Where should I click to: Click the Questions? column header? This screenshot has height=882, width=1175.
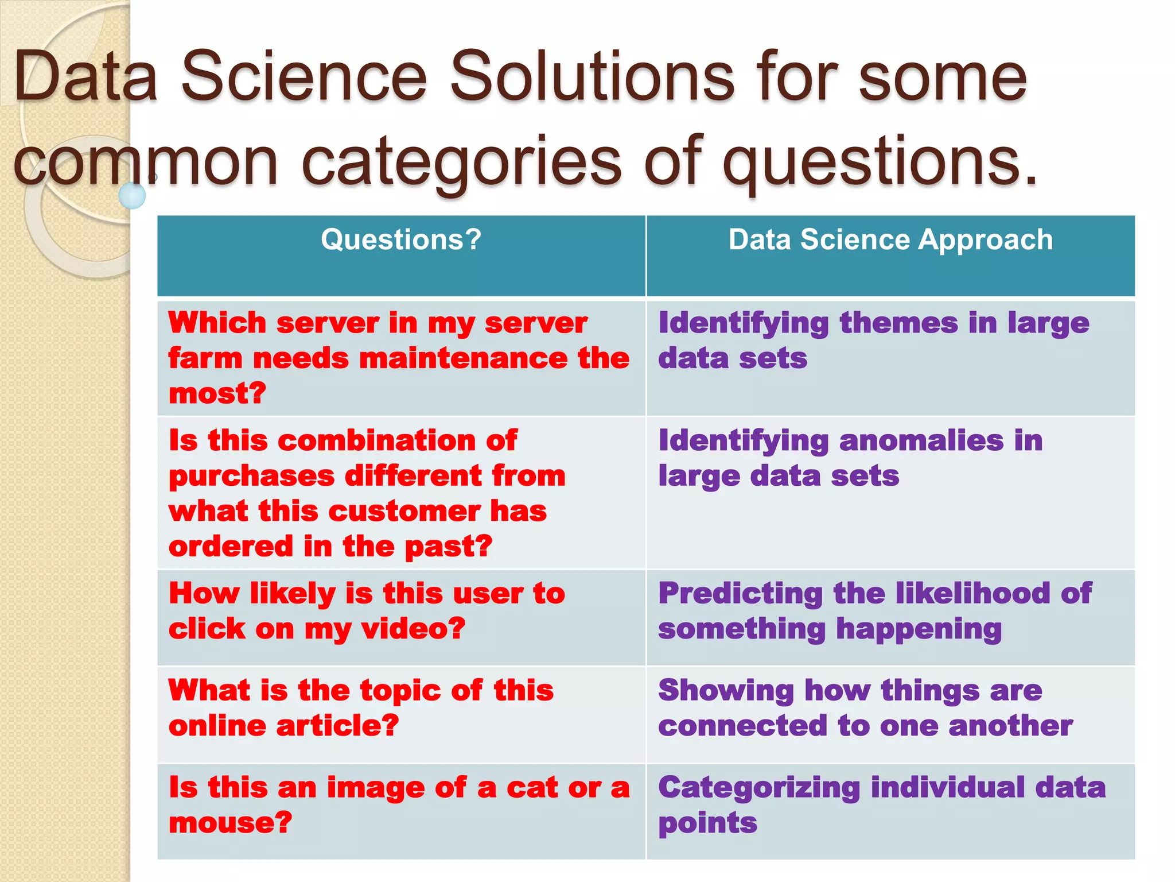pyautogui.click(x=401, y=239)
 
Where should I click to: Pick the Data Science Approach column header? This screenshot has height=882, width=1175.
pyautogui.click(x=890, y=239)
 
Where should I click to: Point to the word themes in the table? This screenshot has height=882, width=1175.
pyautogui.click(x=898, y=323)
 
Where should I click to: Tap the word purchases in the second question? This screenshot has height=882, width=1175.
pyautogui.click(x=251, y=477)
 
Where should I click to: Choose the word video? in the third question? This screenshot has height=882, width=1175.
pyautogui.click(x=413, y=629)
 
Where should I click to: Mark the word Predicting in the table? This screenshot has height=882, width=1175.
pyautogui.click(x=740, y=594)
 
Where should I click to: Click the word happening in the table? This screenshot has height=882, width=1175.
pyautogui.click(x=919, y=630)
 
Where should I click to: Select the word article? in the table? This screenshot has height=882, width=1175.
pyautogui.click(x=337, y=726)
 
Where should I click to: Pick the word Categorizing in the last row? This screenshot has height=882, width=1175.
pyautogui.click(x=759, y=788)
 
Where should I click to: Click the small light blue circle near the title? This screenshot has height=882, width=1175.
pyautogui.click(x=132, y=196)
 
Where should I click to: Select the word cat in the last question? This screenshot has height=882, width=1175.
pyautogui.click(x=532, y=788)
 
